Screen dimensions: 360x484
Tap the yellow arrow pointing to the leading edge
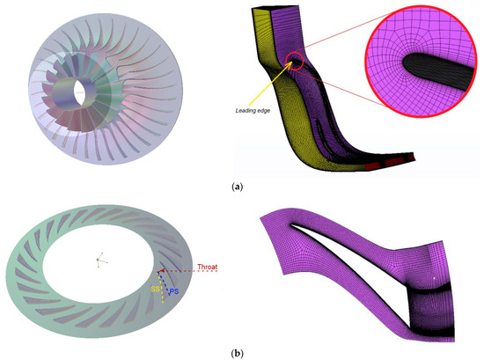pyautogui.click(x=274, y=89)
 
